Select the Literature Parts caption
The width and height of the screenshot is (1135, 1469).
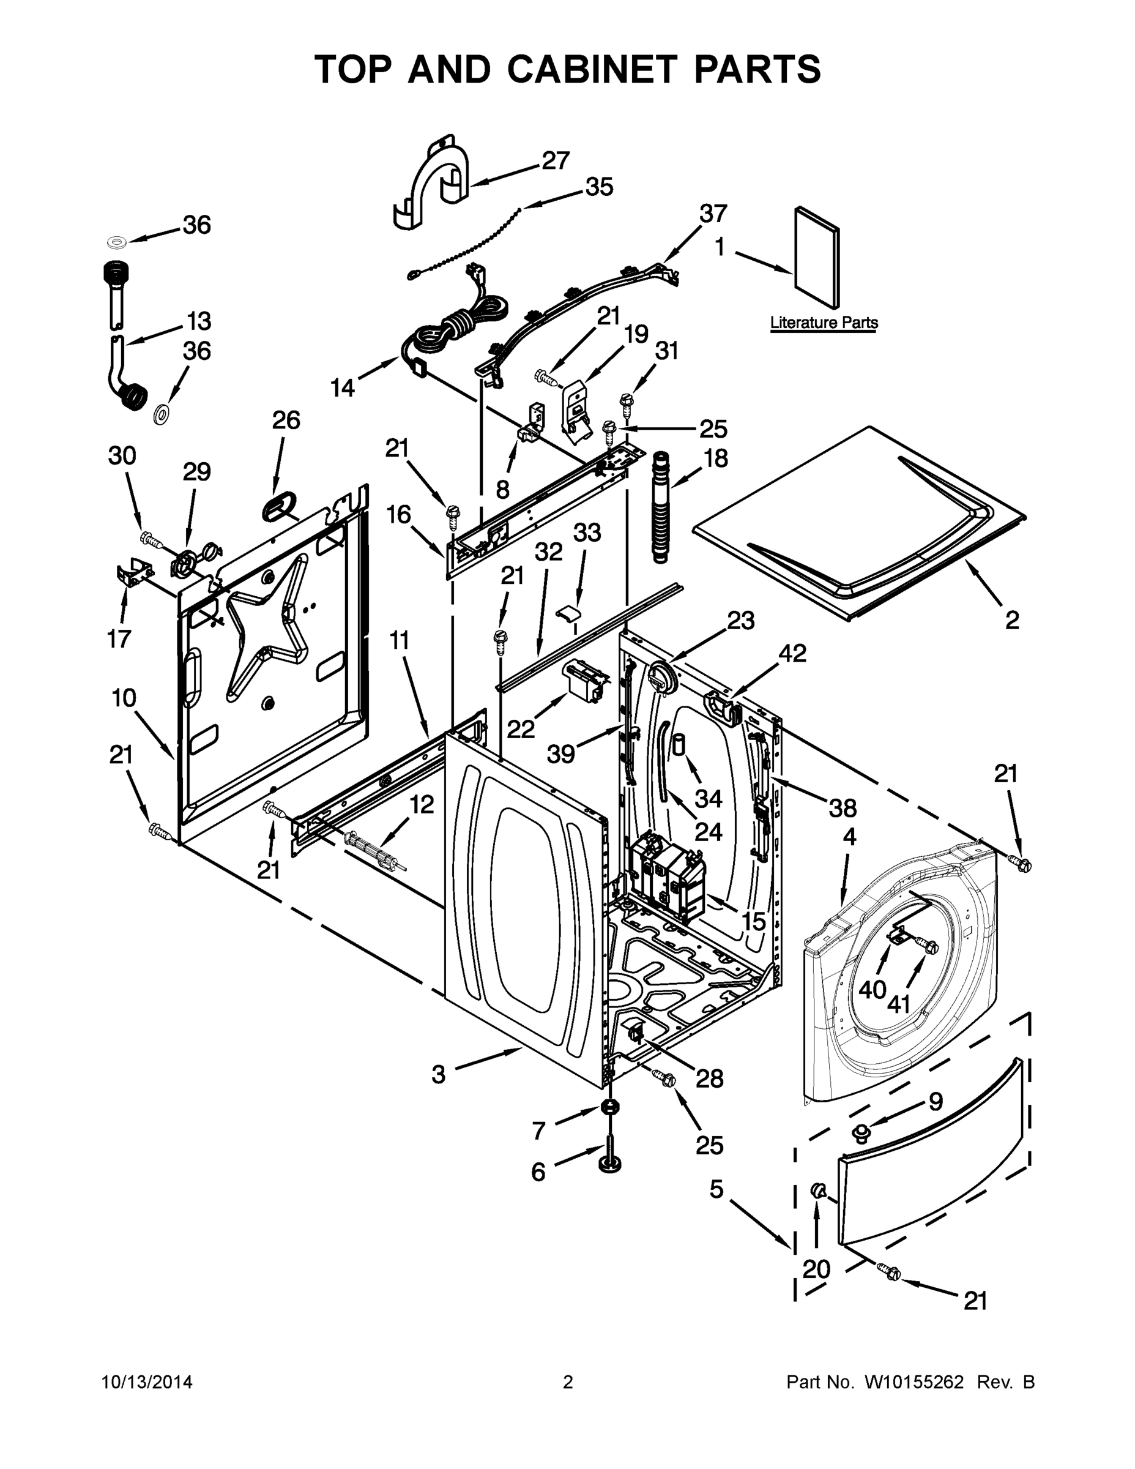click(824, 323)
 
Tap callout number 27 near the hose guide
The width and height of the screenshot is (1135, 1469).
click(556, 161)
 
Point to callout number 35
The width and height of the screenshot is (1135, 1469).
click(598, 187)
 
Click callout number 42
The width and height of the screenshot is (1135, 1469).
click(791, 652)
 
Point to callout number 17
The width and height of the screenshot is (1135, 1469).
click(119, 638)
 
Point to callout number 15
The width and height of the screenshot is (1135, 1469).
click(754, 921)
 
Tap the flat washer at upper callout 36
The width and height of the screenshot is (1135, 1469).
click(118, 242)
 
